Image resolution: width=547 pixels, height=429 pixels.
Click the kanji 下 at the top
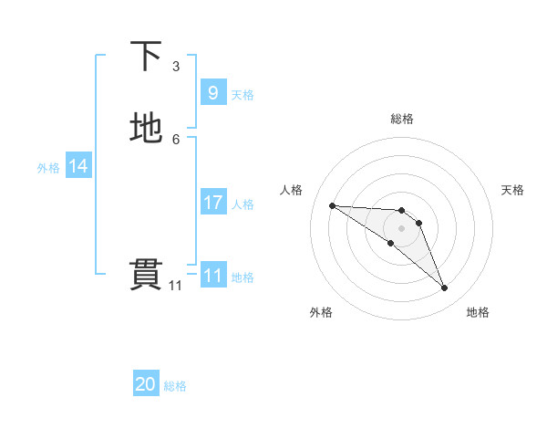click(x=146, y=57)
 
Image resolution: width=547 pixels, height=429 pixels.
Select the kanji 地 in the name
click(x=146, y=128)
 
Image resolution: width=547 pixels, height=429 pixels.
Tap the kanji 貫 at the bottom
click(x=146, y=275)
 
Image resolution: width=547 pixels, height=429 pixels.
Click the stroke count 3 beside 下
click(x=176, y=67)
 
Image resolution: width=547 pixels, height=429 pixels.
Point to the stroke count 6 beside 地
click(x=176, y=139)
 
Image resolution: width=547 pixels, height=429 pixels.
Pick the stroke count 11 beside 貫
click(x=175, y=286)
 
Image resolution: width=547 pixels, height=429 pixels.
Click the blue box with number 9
click(x=212, y=93)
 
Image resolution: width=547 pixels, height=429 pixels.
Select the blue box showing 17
click(x=212, y=203)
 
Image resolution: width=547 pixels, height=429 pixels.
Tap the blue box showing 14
click(x=78, y=166)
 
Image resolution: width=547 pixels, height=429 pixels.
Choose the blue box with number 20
click(x=146, y=385)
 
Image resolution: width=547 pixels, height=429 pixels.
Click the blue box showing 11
click(x=212, y=276)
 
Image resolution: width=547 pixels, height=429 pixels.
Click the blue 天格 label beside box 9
click(x=243, y=95)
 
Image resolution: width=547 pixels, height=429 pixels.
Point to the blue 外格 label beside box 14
click(x=48, y=168)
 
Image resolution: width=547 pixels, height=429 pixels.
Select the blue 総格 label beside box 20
click(x=175, y=387)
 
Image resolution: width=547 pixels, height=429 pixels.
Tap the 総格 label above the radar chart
click(x=402, y=119)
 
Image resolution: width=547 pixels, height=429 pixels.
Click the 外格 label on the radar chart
click(x=321, y=312)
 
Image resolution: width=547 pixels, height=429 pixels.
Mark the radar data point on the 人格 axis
click(x=332, y=205)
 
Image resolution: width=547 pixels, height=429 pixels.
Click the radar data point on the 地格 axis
click(x=444, y=288)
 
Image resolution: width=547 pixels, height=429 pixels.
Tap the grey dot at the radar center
click(x=402, y=228)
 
